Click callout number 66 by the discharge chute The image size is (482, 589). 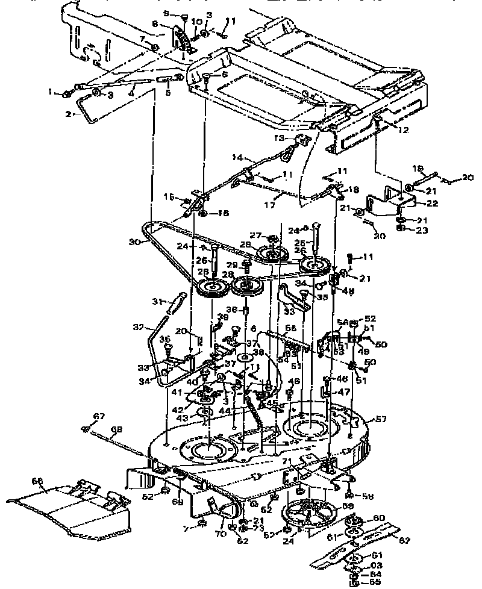[x=37, y=481]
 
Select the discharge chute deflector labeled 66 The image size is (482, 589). [x=72, y=510]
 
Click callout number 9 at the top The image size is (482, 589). [x=167, y=13]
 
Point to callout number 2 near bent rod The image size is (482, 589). [x=69, y=113]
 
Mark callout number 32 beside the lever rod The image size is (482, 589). [x=137, y=328]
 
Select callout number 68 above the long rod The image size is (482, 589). [x=116, y=429]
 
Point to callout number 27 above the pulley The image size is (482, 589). [x=255, y=235]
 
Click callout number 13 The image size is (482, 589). [x=279, y=137]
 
